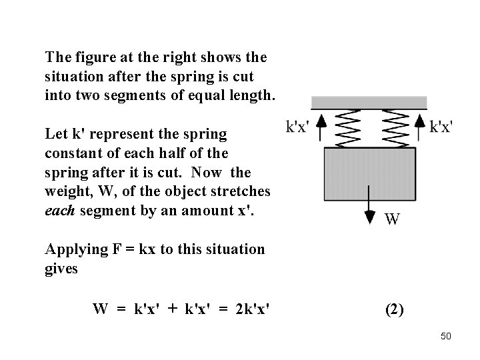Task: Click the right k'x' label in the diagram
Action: click(441, 127)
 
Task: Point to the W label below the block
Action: click(393, 219)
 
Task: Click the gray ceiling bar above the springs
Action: click(369, 102)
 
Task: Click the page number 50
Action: click(446, 336)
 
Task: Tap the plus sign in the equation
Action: click(173, 309)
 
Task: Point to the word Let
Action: click(55, 133)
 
